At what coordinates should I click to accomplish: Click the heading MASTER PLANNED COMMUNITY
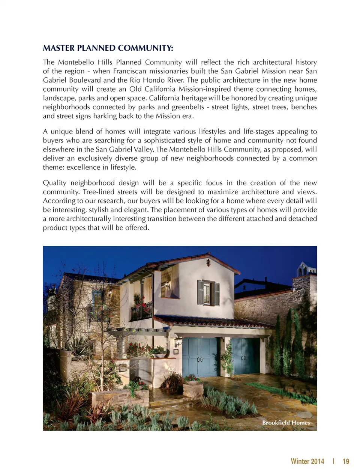[108, 48]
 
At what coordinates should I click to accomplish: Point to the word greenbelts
[188, 107]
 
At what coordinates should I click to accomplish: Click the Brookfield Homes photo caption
[286, 423]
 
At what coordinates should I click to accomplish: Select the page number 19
[346, 461]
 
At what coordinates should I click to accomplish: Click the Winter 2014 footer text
[307, 461]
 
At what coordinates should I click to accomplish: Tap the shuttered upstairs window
[208, 293]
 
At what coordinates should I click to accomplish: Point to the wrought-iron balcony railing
[141, 311]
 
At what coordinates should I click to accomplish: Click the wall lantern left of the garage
[178, 341]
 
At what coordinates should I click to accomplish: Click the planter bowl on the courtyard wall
[158, 355]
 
